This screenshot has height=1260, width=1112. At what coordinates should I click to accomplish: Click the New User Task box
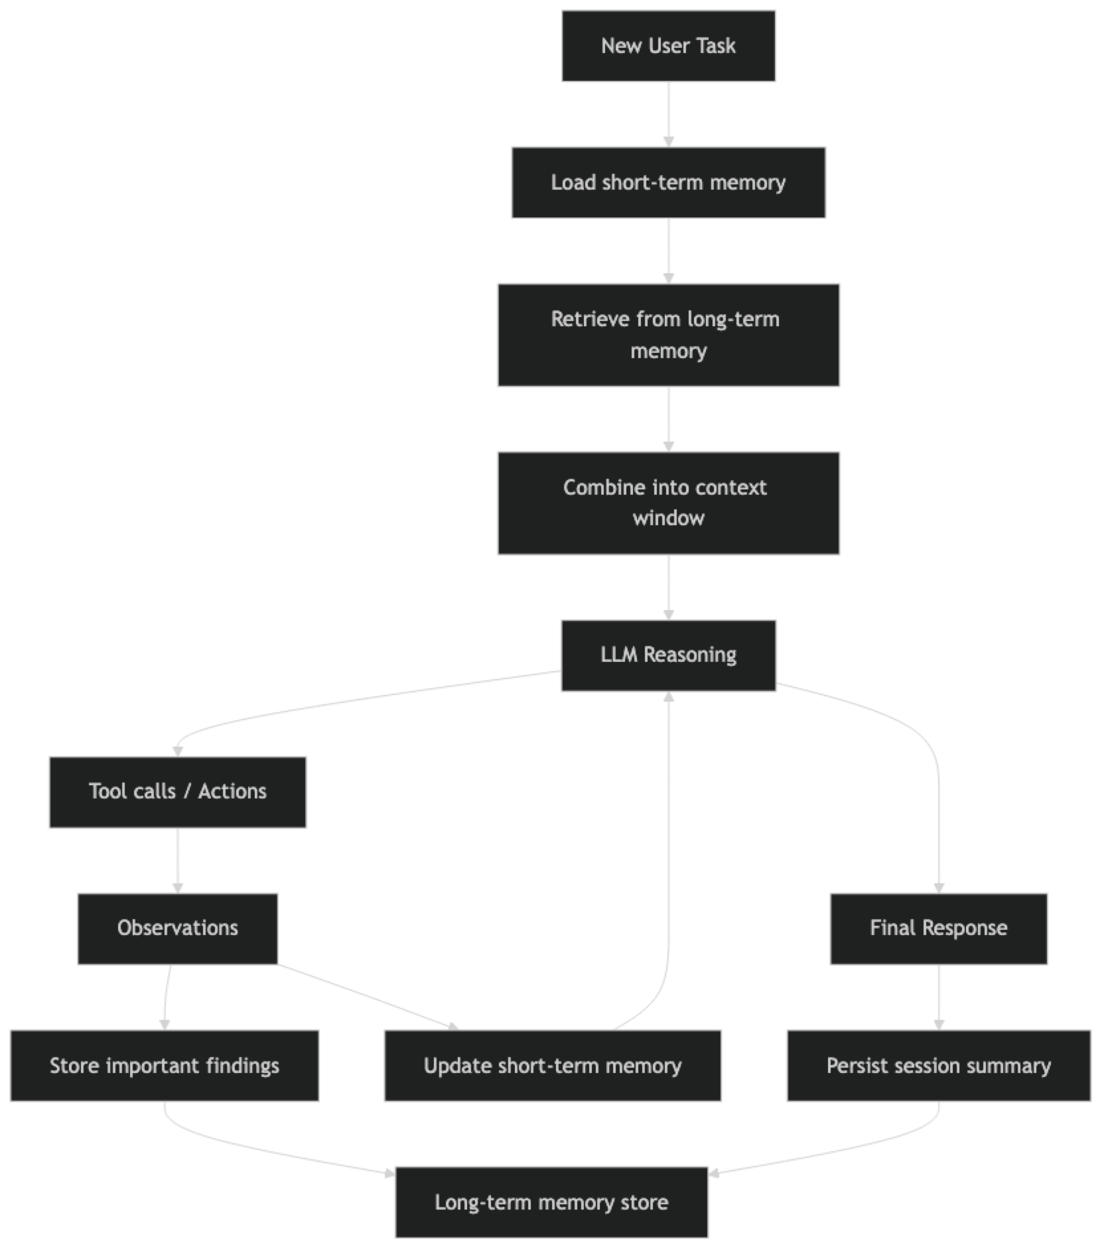pos(668,46)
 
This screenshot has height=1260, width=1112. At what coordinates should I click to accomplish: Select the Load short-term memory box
pos(668,182)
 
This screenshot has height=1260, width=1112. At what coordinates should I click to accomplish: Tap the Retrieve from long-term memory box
pos(668,335)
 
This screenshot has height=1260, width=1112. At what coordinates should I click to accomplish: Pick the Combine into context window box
pos(668,503)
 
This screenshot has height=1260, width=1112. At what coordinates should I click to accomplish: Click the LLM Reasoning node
pos(668,655)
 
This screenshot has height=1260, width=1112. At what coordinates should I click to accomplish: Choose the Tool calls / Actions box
pos(177,792)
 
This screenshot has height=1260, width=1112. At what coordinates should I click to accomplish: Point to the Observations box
pos(177,928)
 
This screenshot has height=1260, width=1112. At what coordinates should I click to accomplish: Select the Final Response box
pos(938,928)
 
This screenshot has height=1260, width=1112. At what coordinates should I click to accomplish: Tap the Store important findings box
pos(164,1066)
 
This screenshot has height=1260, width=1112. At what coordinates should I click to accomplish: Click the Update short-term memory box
pos(553,1066)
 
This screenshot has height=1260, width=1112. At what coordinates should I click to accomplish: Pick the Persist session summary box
pos(938,1066)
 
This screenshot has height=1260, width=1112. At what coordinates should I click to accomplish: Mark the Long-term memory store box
pos(551,1202)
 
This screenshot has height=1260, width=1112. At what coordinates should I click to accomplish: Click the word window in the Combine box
pos(668,519)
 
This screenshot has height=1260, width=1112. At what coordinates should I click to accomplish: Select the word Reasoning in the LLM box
pos(690,655)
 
